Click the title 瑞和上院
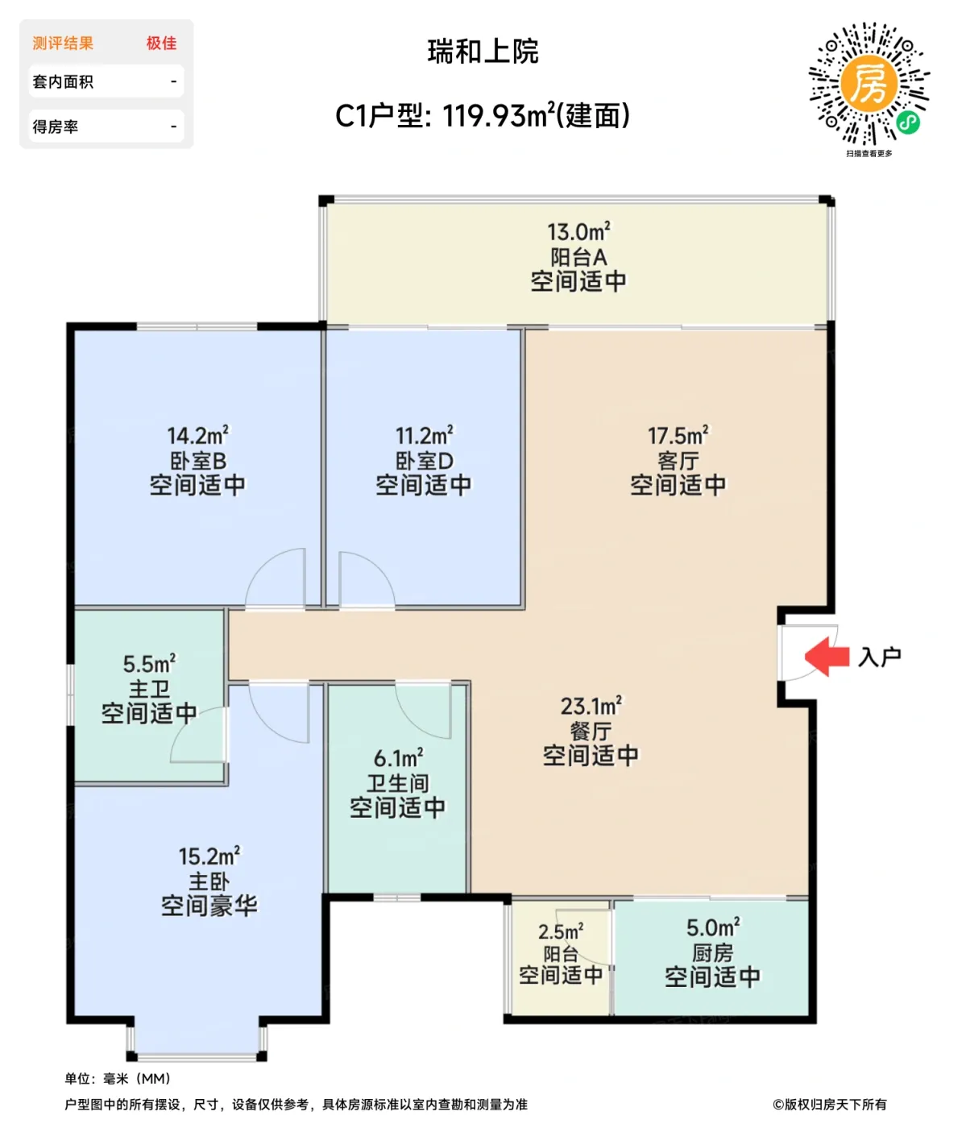[x=483, y=52]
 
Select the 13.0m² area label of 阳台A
[x=578, y=232]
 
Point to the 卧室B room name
[x=197, y=461]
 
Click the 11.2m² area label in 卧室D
[x=424, y=436]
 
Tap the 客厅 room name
[x=678, y=461]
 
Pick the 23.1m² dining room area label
[x=591, y=707]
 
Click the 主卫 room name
[x=149, y=689]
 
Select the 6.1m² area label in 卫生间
[x=398, y=758]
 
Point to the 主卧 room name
[x=209, y=881]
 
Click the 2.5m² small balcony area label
[x=561, y=931]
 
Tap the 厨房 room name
[x=712, y=953]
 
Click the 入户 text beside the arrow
[x=879, y=657]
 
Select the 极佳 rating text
[x=161, y=44]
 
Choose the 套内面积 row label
[x=63, y=81]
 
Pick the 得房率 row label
[x=55, y=126]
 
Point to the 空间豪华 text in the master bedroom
[x=209, y=906]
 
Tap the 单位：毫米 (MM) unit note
[x=118, y=1078]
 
